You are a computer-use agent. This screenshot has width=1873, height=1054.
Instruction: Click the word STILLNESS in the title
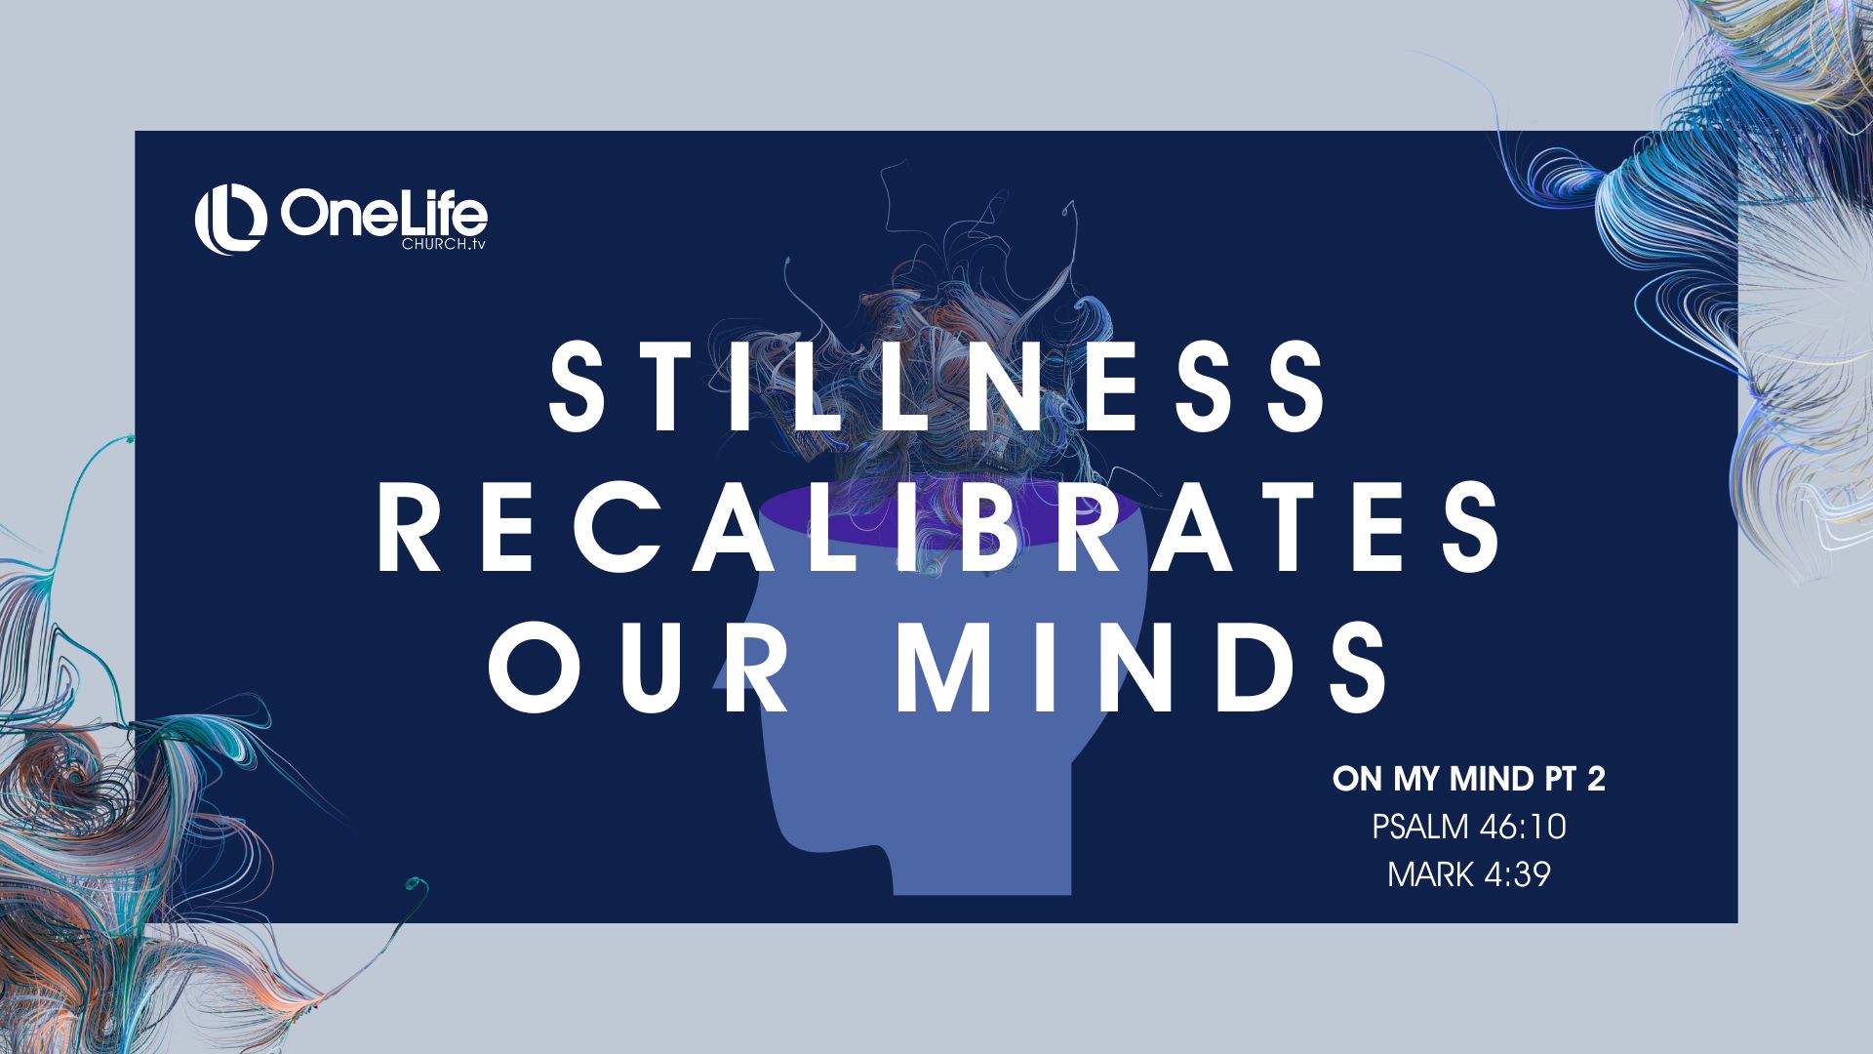coord(937,386)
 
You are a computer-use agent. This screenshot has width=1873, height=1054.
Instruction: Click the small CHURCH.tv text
coord(443,244)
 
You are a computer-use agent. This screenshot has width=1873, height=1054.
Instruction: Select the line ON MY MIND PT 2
coord(1469,780)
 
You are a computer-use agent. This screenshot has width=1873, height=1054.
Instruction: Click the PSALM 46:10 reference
coord(1469,827)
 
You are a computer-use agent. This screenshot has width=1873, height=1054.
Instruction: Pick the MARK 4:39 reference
coord(1469,873)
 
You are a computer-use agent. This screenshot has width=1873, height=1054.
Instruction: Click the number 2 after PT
coord(1596,780)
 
